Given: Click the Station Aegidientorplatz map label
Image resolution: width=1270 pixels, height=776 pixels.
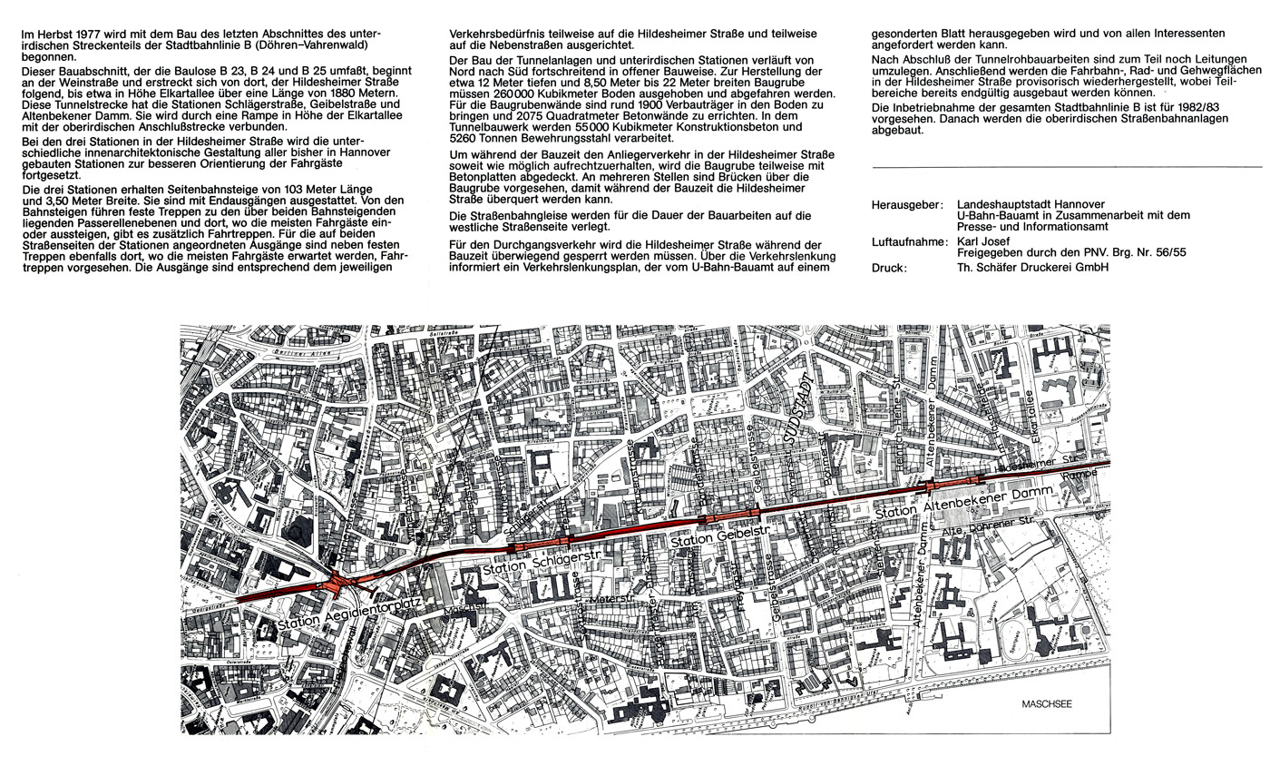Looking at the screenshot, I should click(335, 618).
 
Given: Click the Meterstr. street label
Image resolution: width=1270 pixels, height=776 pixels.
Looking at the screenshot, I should click(609, 599).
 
